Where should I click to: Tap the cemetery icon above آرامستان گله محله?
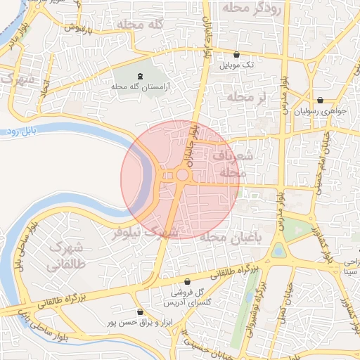pos(139,76)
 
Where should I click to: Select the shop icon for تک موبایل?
pos(236,54)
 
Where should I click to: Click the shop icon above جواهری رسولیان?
pos(321,100)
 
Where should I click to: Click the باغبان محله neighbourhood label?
pos(229,238)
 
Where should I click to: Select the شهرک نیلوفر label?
pos(146,232)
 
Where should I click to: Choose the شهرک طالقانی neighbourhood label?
pos(65,257)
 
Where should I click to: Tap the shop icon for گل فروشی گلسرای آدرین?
pos(186,281)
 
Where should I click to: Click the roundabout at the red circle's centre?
pos(181,174)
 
